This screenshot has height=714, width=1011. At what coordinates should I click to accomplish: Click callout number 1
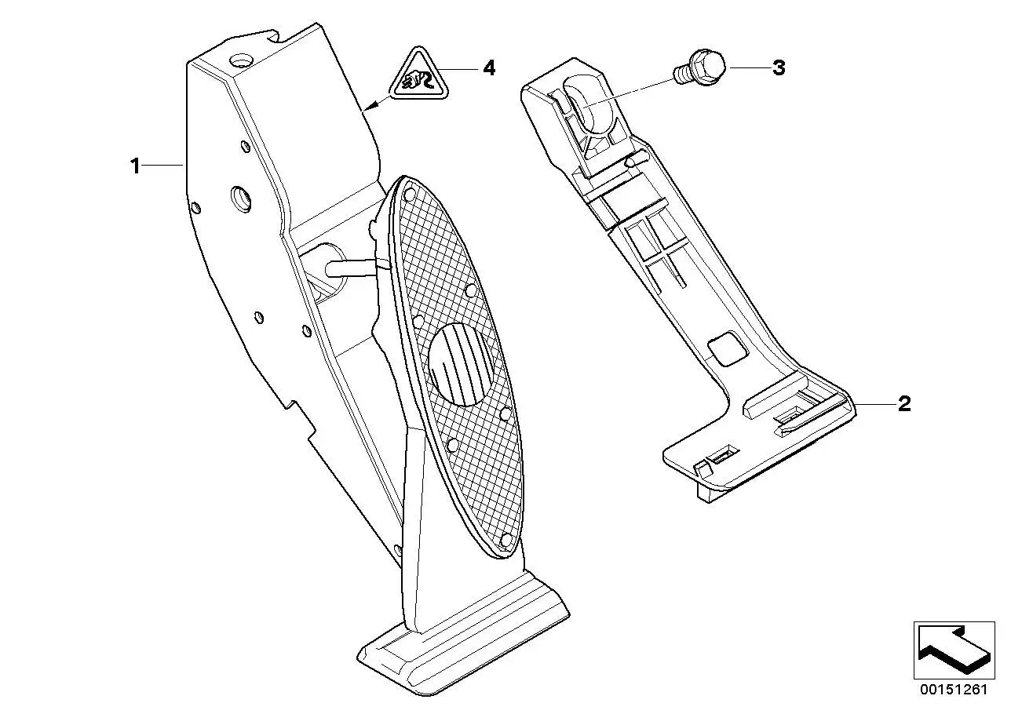(x=135, y=166)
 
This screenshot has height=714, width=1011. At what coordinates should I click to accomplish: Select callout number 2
(x=904, y=403)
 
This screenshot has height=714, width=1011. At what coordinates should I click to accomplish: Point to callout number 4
(x=489, y=68)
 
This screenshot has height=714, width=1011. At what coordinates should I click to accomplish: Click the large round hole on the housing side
(x=242, y=199)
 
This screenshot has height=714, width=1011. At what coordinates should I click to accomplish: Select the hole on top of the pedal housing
(x=240, y=60)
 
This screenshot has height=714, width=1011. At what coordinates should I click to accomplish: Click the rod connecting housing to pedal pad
(x=354, y=267)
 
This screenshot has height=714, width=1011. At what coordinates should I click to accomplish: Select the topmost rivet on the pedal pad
(x=410, y=195)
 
